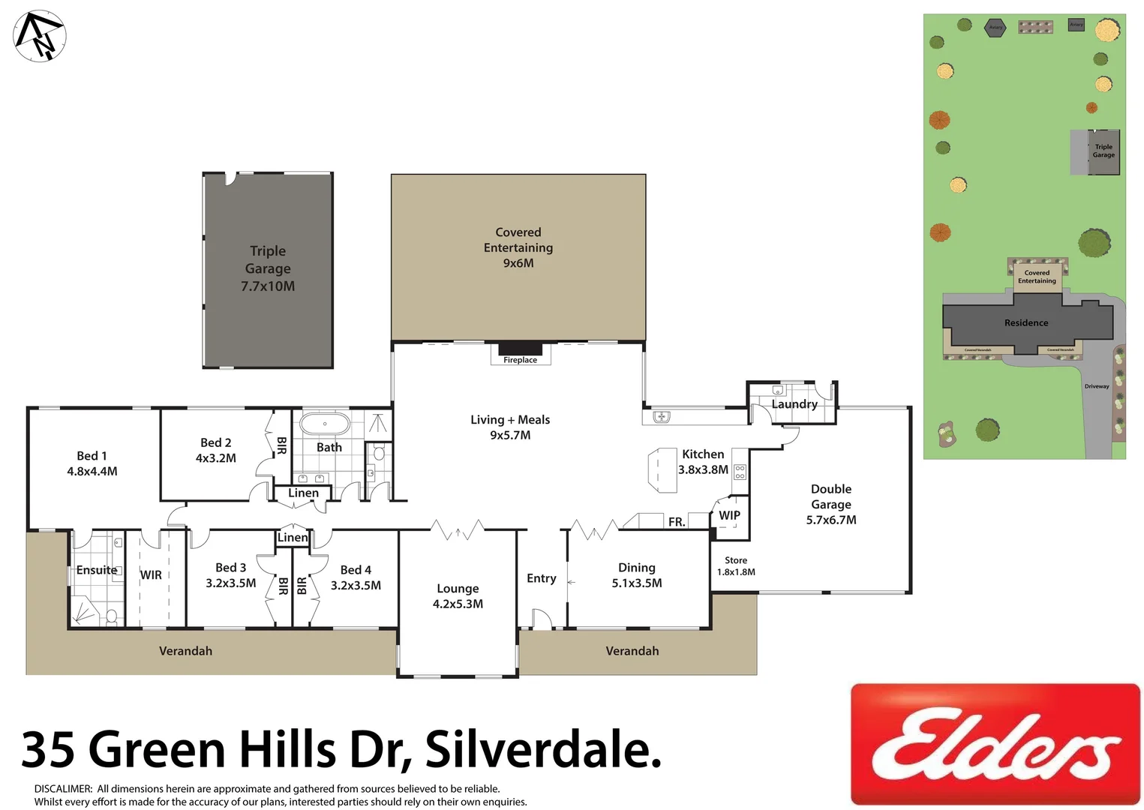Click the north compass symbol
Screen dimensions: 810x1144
40,36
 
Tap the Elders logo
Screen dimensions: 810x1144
995,744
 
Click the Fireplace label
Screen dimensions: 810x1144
520,360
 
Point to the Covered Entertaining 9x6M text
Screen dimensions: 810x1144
518,247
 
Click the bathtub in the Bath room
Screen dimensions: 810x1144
325,424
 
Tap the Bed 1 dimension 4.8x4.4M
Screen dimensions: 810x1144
92,471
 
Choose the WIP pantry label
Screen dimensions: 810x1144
729,515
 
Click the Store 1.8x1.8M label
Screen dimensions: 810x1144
736,566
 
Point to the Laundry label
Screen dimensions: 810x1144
794,404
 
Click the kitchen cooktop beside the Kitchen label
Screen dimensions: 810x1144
740,472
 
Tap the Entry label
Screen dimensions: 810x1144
542,578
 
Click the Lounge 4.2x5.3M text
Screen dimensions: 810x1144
458,596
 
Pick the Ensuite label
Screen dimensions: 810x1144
97,570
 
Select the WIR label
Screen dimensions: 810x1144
151,575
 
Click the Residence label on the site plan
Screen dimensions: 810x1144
1026,323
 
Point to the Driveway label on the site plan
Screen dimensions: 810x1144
1097,386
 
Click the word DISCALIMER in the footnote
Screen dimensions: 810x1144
63,789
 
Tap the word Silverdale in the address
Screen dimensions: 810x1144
542,748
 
